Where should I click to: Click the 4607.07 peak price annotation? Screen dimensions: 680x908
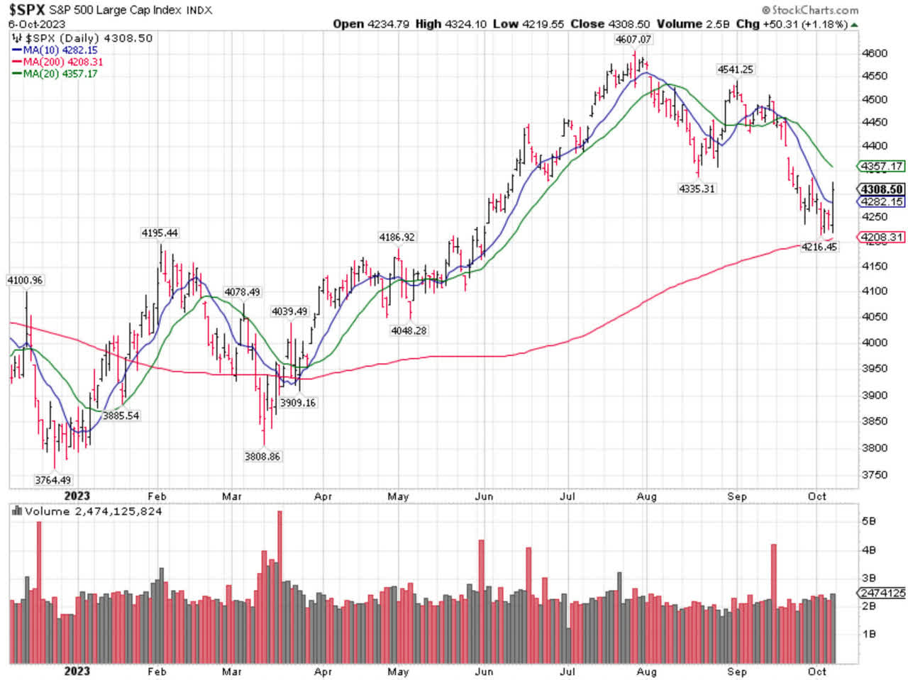click(x=633, y=40)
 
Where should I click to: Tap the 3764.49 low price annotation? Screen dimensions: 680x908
click(x=52, y=480)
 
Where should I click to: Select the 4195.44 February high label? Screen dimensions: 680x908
click(x=160, y=233)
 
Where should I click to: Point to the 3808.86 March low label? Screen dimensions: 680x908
click(x=262, y=457)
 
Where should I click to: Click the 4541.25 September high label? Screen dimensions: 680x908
click(x=735, y=69)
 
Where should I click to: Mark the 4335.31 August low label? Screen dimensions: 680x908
click(x=697, y=189)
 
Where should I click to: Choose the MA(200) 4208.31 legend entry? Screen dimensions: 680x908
click(x=62, y=62)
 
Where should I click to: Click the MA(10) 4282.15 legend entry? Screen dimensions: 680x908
click(x=60, y=50)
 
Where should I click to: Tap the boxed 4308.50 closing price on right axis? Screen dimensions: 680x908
click(x=882, y=189)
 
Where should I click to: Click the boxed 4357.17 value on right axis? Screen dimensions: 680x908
click(x=882, y=167)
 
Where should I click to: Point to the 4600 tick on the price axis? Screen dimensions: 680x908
click(x=873, y=53)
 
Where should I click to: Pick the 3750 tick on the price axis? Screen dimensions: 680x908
click(x=873, y=474)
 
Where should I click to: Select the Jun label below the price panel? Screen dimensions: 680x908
click(x=484, y=496)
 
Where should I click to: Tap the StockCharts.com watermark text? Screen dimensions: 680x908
click(x=809, y=10)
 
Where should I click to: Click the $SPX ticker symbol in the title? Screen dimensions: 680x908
click(x=27, y=10)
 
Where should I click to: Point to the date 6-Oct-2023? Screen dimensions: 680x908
click(x=37, y=24)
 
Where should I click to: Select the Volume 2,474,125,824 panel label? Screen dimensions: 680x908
click(x=93, y=511)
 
